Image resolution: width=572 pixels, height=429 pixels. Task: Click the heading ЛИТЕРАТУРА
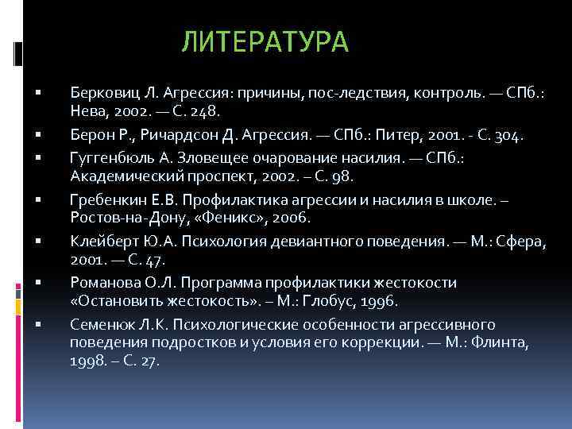265,42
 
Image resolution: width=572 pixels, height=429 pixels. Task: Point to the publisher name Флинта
504,343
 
